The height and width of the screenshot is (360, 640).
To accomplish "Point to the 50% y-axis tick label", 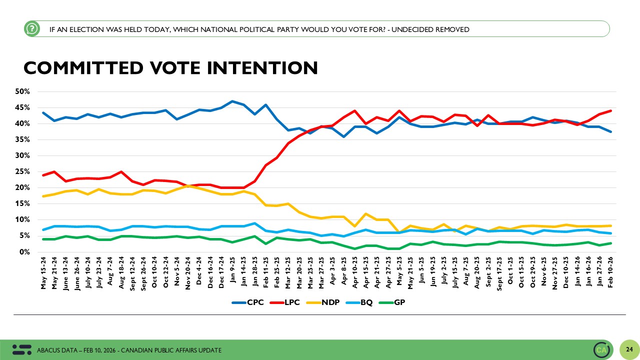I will coord(23,91).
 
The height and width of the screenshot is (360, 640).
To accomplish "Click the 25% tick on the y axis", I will coord(23,171).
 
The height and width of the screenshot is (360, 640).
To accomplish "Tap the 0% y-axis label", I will coord(25,252).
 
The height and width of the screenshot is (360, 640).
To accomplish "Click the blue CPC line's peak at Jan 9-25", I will coord(232,101).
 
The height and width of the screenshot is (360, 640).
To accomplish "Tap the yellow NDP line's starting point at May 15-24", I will coord(44,196).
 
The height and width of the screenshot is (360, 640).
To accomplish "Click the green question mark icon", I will coord(31,29).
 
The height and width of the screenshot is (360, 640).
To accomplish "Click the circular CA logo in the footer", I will coord(601,349).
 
